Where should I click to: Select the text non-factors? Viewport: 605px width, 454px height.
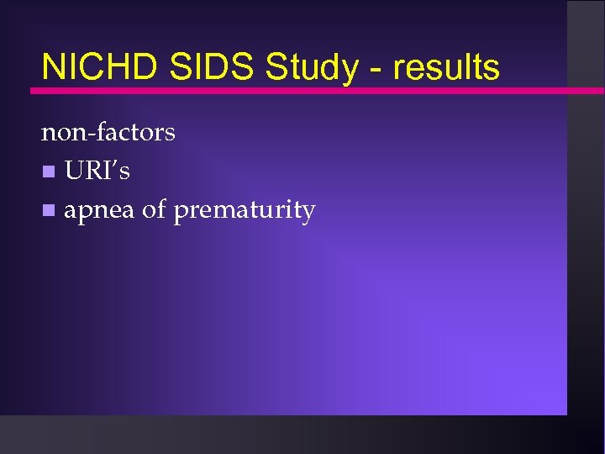[x=108, y=132]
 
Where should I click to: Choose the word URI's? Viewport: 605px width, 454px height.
[x=97, y=171]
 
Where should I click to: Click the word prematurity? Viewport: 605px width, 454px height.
[x=244, y=210]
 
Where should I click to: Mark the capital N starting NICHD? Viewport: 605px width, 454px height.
[x=51, y=66]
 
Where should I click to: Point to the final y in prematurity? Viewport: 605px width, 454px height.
[x=308, y=213]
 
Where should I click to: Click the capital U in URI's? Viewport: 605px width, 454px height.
[x=75, y=171]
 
